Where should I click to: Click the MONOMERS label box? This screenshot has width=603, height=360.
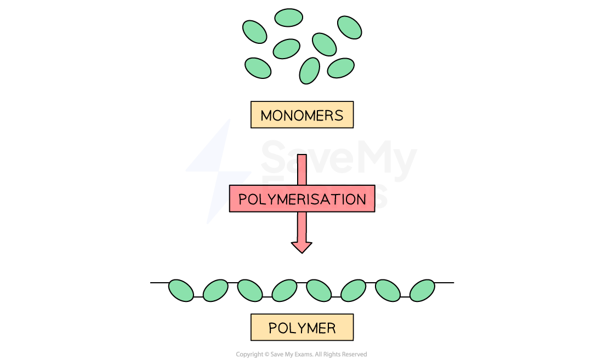click(x=301, y=115)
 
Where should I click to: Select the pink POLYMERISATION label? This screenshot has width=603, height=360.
click(x=301, y=198)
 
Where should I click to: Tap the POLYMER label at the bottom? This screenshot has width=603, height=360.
click(x=301, y=328)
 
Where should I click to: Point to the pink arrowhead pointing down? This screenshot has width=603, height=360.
click(x=301, y=246)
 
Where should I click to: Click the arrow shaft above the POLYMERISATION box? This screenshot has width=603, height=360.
click(x=301, y=170)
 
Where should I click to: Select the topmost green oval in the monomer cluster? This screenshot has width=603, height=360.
click(x=288, y=18)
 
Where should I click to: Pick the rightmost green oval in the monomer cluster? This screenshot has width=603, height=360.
click(x=349, y=27)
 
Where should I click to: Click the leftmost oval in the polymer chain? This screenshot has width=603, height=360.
click(x=181, y=290)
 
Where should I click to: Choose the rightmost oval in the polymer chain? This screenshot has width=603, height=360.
click(x=422, y=290)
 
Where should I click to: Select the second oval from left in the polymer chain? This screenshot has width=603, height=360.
click(x=215, y=290)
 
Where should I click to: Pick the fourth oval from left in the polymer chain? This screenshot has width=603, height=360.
click(x=285, y=290)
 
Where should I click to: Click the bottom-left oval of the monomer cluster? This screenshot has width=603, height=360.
click(x=258, y=68)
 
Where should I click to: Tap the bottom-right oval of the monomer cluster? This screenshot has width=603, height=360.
click(x=340, y=68)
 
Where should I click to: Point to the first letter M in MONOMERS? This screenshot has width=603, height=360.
click(x=266, y=116)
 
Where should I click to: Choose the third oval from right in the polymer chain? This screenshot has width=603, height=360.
click(x=353, y=290)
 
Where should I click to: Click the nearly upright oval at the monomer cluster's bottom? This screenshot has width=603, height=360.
click(x=310, y=71)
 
